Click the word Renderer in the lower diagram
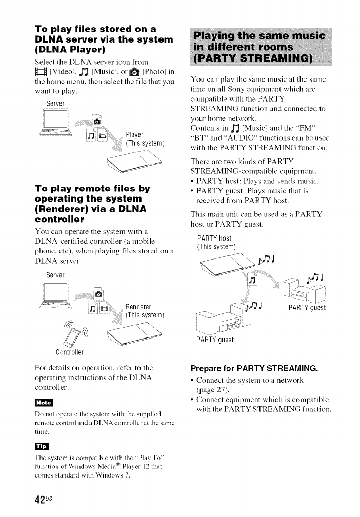(138, 307)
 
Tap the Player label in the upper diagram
(135, 135)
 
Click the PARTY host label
(214, 238)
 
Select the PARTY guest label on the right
(307, 308)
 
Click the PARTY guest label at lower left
(215, 340)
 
